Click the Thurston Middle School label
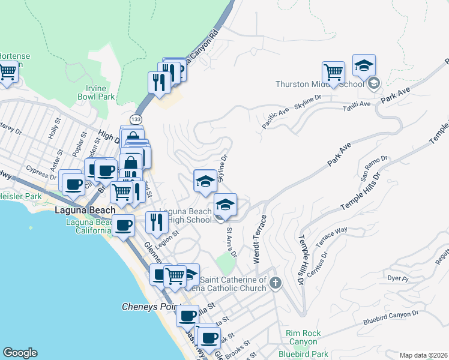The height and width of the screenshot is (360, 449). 319,84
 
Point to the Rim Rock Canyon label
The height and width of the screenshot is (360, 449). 303,337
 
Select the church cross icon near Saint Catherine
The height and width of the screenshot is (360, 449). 276,283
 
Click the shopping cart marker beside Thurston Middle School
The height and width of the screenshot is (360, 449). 333,73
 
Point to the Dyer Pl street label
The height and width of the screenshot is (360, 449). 397,279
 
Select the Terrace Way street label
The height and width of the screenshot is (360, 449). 332,232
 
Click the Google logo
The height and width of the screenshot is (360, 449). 20,353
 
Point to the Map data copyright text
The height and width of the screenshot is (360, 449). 423,355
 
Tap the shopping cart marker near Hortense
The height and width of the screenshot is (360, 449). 7,71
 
